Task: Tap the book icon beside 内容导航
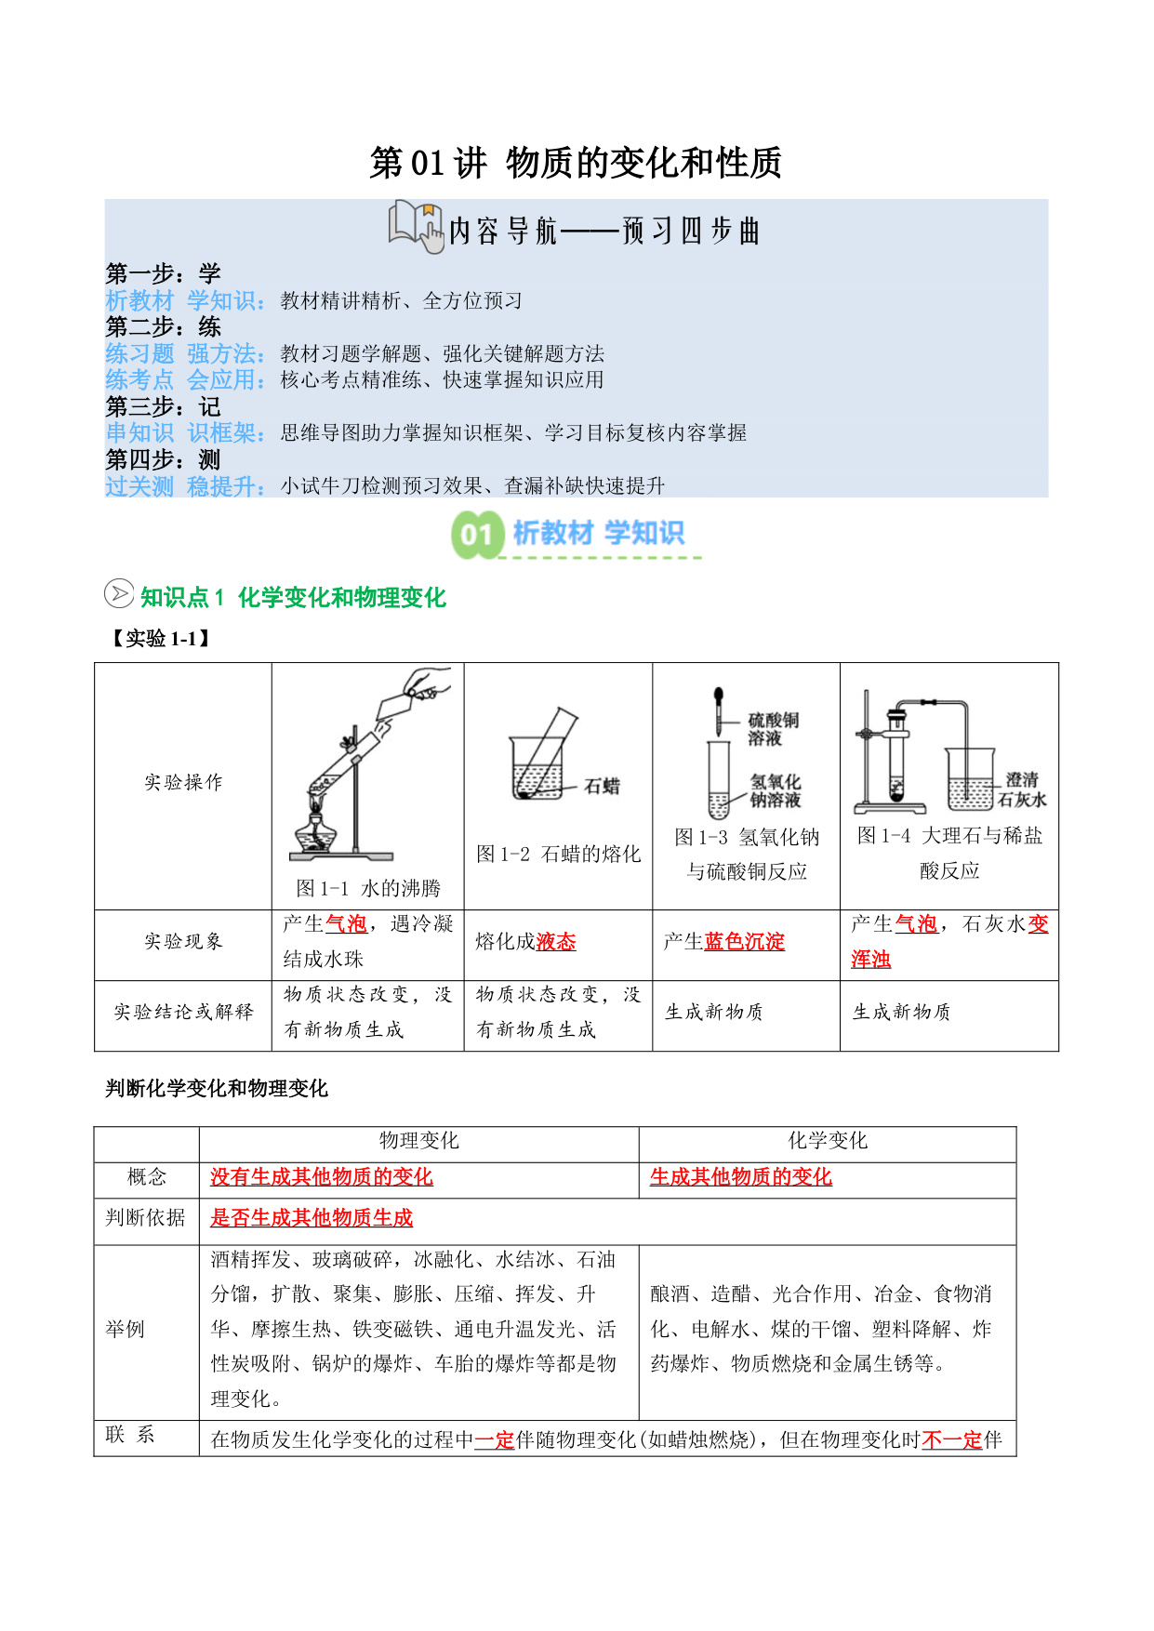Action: point(415,226)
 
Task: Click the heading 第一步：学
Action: point(163,273)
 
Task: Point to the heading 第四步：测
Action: point(163,459)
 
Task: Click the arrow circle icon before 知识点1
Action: point(118,593)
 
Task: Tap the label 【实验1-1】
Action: point(160,638)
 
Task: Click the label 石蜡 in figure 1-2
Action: point(602,787)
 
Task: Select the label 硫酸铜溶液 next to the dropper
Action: point(773,729)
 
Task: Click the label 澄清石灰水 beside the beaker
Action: point(1022,789)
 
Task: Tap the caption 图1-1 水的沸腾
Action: point(368,888)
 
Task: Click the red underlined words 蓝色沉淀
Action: point(744,941)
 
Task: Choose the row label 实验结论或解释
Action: point(183,1012)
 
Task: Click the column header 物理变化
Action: point(418,1141)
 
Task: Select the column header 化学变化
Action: point(827,1141)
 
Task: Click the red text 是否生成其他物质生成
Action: point(312,1218)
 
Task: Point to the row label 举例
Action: point(126,1329)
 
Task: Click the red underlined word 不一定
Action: point(951,1439)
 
